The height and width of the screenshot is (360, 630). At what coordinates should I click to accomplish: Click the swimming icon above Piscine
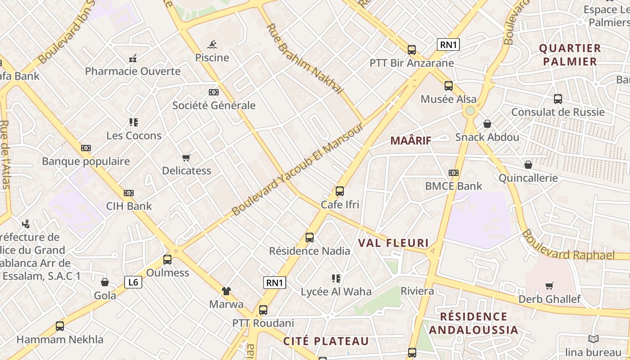coord(212,45)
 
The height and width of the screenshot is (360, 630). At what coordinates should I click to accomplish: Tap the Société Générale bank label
coord(214,105)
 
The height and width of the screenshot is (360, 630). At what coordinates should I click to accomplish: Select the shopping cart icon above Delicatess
coord(186,157)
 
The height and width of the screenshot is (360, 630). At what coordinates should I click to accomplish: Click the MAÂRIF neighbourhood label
coord(411,140)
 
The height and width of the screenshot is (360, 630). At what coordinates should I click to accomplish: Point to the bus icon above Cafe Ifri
coord(340,191)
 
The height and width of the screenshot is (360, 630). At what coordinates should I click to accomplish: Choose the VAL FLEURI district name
coord(393,243)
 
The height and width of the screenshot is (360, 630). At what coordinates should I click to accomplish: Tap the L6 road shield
coord(133,282)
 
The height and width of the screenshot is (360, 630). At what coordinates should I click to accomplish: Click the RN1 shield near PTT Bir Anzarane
coord(448,45)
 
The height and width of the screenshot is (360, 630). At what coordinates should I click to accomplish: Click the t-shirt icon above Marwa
coord(226,291)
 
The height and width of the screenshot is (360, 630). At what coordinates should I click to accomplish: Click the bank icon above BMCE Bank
coord(454,173)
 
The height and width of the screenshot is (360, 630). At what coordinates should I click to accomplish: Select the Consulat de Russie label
coord(558,112)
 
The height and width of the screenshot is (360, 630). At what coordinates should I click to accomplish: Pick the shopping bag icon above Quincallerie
coord(528,165)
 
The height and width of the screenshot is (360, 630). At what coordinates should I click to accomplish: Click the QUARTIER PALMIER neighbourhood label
coord(570,55)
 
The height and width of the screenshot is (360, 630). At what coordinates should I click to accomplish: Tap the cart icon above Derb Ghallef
coord(549,286)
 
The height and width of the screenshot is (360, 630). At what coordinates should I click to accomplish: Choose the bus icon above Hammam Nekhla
coord(60,326)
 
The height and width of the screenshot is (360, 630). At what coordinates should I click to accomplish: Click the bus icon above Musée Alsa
coord(448,86)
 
